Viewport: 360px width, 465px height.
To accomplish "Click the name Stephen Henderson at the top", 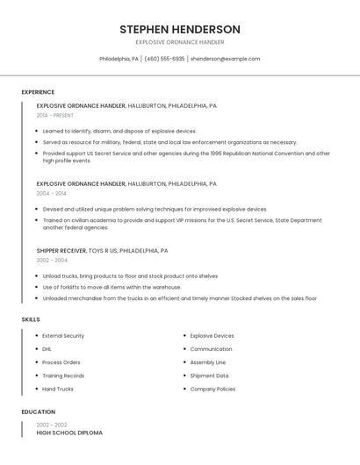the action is [180, 29].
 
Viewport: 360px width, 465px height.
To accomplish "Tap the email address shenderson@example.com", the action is [225, 59].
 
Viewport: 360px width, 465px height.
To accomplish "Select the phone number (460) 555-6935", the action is [164, 59].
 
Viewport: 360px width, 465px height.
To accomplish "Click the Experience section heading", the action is [38, 92].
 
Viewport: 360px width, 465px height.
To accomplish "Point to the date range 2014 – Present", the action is [55, 115].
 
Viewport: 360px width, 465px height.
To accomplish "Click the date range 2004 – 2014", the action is [52, 193].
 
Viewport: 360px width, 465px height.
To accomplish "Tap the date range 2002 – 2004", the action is [52, 260].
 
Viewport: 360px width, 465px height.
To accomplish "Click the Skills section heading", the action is [31, 319].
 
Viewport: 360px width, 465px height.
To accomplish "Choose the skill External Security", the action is [63, 336].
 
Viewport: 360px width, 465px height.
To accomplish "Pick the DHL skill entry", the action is [47, 349].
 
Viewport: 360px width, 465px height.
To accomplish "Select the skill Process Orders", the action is [61, 362].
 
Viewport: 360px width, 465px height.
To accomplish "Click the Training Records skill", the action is [63, 376].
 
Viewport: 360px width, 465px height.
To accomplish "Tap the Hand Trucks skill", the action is [58, 389].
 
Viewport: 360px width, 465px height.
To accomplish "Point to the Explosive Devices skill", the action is [212, 336].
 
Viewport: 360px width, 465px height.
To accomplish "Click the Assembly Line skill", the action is [208, 362].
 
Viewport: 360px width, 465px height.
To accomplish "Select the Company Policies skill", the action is [212, 389].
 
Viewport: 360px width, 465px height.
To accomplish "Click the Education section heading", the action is [38, 411].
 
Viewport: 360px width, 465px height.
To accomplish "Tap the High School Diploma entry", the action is [69, 433].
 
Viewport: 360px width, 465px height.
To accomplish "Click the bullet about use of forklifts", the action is [112, 287].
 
